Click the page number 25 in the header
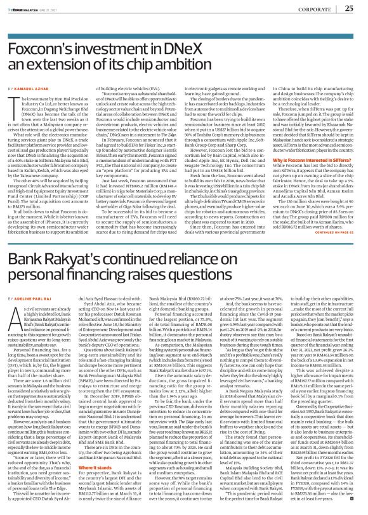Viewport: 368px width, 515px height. [350, 8]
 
